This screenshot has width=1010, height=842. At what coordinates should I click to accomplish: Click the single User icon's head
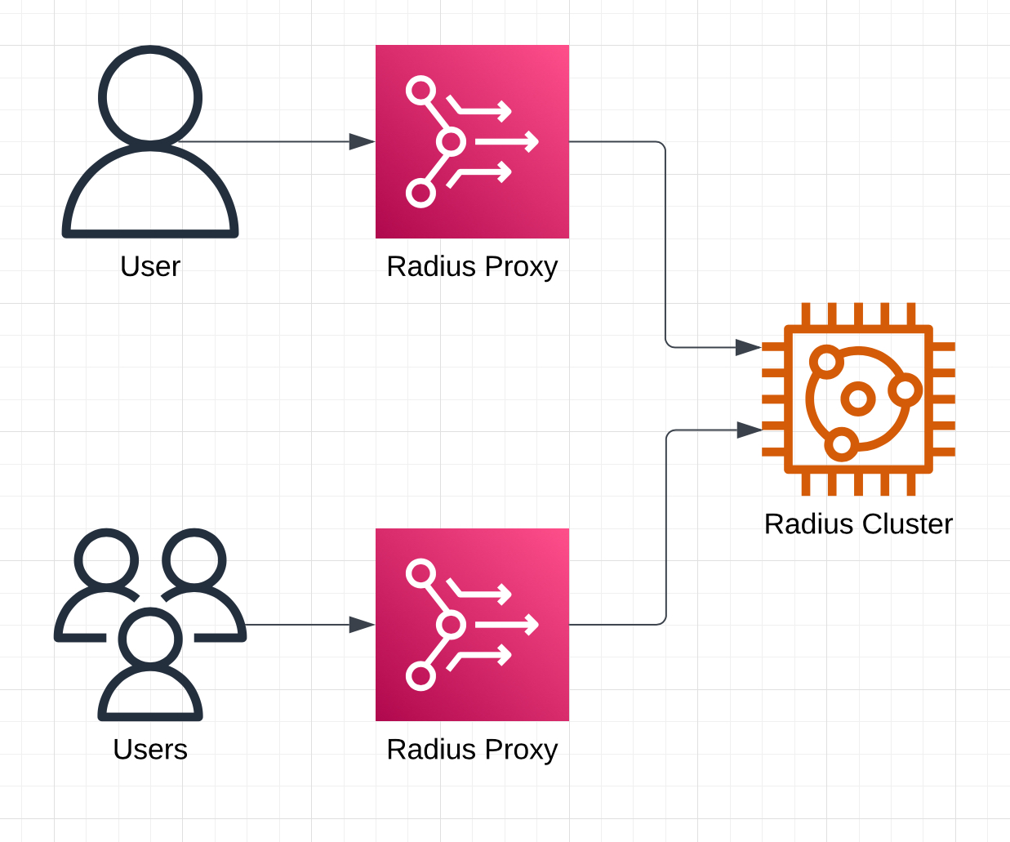[150, 96]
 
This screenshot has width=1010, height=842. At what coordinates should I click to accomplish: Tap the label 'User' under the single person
[150, 266]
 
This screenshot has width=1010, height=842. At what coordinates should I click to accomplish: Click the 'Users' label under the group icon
[150, 749]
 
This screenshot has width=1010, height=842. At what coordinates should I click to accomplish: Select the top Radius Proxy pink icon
[472, 141]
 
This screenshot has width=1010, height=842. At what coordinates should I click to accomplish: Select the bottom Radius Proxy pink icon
[472, 625]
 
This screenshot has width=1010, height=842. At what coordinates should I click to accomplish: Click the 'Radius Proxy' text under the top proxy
[472, 266]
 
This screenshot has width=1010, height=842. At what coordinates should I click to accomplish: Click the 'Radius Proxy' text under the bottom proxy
[472, 749]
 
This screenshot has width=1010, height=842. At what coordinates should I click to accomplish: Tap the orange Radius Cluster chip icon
[858, 399]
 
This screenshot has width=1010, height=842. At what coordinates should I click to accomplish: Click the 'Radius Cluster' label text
[858, 523]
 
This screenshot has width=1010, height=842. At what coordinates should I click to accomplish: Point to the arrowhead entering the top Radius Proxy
[362, 141]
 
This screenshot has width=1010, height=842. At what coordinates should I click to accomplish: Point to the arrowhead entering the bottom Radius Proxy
[362, 625]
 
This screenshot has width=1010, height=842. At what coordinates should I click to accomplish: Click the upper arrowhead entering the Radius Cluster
[748, 347]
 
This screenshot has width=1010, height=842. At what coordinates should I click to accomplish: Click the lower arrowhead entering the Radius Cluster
[749, 430]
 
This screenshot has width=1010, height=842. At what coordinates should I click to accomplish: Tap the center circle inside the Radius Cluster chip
[858, 399]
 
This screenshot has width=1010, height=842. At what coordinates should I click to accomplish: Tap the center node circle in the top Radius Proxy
[451, 141]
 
